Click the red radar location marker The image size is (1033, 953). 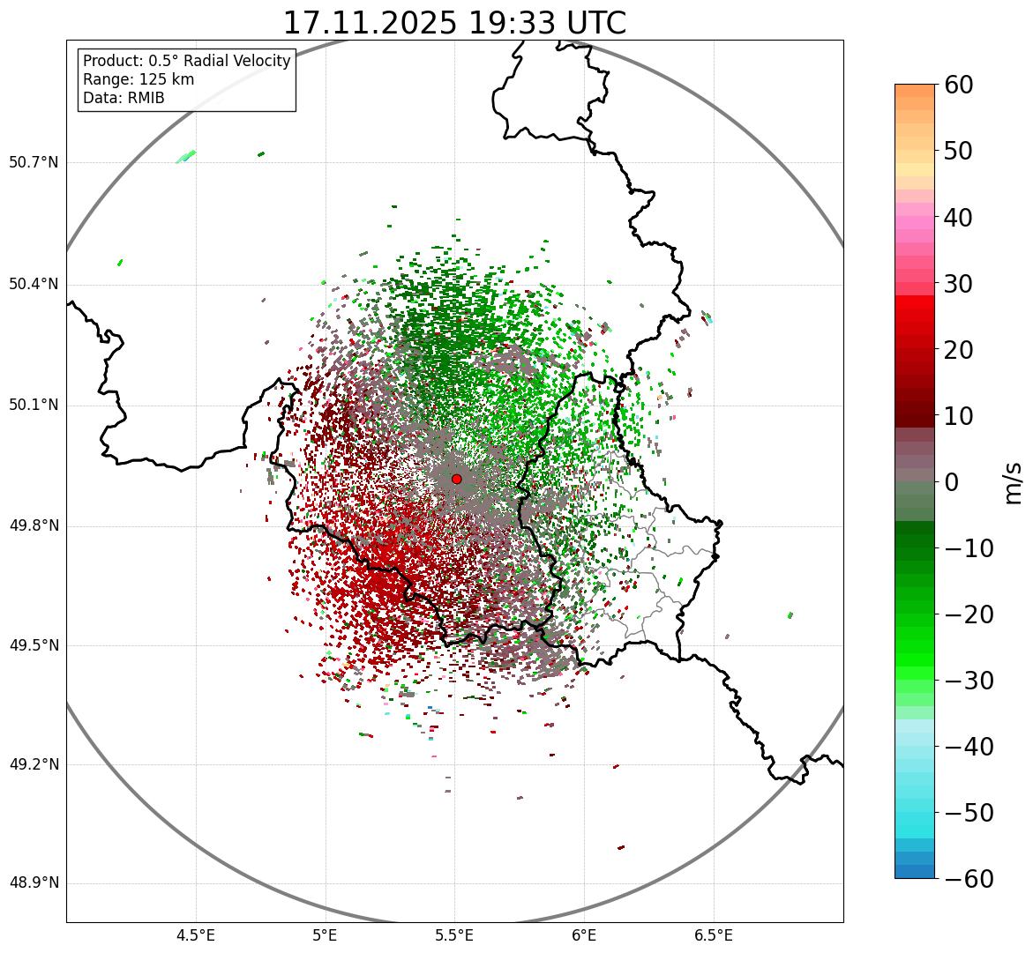456,479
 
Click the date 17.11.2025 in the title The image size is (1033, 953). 371,23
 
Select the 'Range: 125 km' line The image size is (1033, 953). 138,79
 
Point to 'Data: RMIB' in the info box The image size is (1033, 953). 124,98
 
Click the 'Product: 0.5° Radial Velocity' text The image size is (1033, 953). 186,61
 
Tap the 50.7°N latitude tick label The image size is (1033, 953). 34,162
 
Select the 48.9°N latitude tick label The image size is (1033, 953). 34,883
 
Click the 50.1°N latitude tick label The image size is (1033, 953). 34,406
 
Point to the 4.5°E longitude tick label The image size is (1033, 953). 196,935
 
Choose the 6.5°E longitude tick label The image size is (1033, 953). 714,935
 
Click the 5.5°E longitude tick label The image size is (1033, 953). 454,935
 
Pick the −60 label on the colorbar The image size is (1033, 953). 969,879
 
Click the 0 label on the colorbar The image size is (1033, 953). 952,482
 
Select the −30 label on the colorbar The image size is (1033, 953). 969,681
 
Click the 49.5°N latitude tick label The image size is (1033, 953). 34,646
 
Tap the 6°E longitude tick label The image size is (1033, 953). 584,935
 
